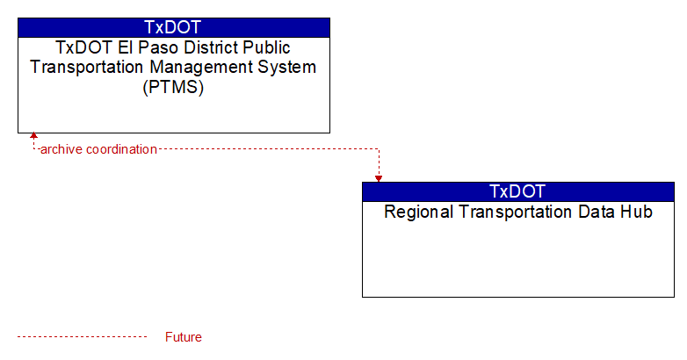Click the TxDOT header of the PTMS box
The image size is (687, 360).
[173, 27]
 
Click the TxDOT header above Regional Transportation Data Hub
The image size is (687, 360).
[517, 191]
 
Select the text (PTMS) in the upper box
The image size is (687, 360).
[173, 87]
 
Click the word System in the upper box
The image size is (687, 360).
[287, 68]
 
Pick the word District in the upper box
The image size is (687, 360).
[209, 47]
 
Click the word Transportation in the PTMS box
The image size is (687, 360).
[87, 68]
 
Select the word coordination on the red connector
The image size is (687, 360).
[121, 149]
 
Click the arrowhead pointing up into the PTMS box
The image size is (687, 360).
[33, 136]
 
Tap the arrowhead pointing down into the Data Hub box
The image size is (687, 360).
[379, 179]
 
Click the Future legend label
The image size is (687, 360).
[183, 337]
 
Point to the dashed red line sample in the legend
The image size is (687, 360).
[82, 337]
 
